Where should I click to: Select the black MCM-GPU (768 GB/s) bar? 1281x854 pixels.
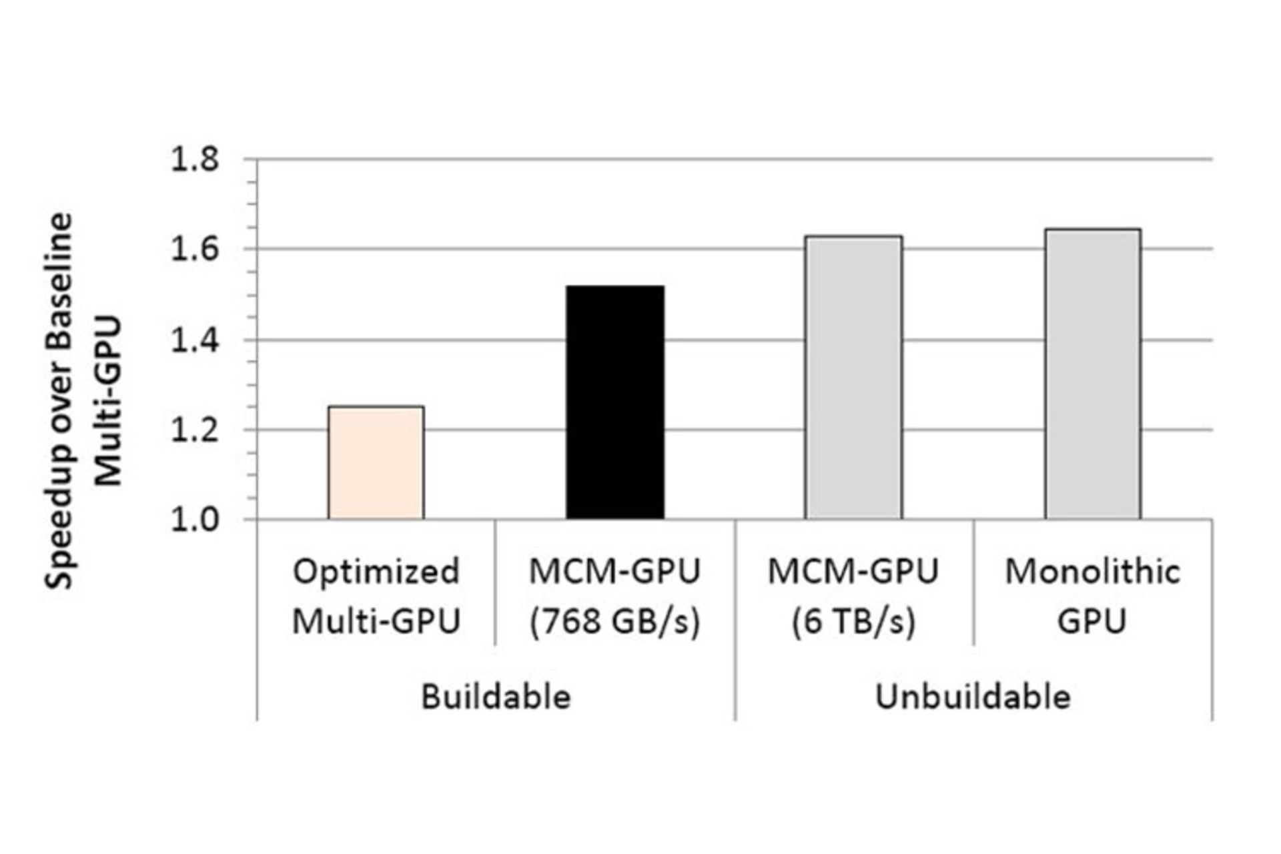615,402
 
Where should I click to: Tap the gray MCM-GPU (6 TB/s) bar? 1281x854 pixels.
853,378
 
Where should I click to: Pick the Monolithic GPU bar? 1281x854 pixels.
1092,374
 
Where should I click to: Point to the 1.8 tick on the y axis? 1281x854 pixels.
195,160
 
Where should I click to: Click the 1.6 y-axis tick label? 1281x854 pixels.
195,250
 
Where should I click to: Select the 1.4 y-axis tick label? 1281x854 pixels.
195,341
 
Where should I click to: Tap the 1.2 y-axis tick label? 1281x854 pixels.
195,430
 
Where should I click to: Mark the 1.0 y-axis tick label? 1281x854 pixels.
195,520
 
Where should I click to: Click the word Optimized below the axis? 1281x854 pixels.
376,572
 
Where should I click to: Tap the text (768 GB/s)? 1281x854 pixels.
614,622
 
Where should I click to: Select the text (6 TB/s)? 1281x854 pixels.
853,622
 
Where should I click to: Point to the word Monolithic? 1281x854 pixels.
1092,572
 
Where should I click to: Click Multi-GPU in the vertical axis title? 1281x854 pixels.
108,401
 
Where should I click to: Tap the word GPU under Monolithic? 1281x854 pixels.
1092,622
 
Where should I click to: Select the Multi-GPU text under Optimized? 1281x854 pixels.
376,622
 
